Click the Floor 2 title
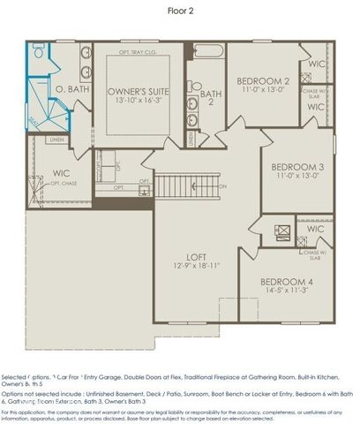pyautogui.click(x=180, y=11)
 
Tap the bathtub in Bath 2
pyautogui.click(x=208, y=54)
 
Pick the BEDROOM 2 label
pyautogui.click(x=264, y=81)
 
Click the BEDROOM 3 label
pyautogui.click(x=297, y=167)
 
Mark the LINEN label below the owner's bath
pyautogui.click(x=56, y=140)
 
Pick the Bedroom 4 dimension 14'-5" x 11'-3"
pyautogui.click(x=290, y=290)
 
